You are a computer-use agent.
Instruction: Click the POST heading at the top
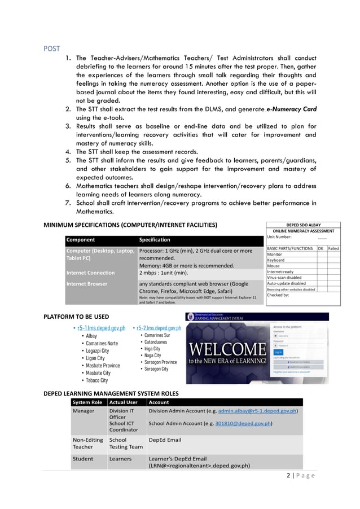51,48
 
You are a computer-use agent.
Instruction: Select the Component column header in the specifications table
81,240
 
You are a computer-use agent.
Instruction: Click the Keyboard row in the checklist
276,260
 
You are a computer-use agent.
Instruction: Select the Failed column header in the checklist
333,248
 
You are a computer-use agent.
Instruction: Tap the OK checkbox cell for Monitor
321,254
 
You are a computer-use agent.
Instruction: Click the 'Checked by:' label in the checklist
278,295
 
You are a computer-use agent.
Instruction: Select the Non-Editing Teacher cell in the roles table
87,443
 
